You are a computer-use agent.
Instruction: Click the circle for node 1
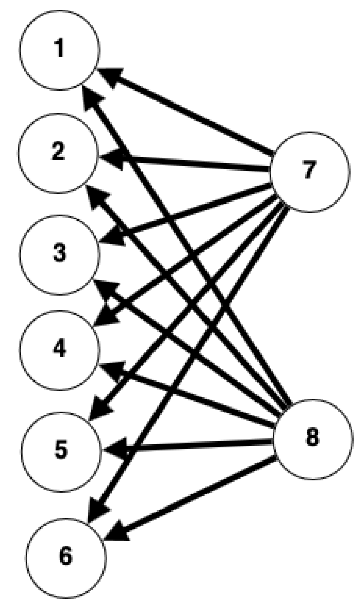(60, 50)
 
